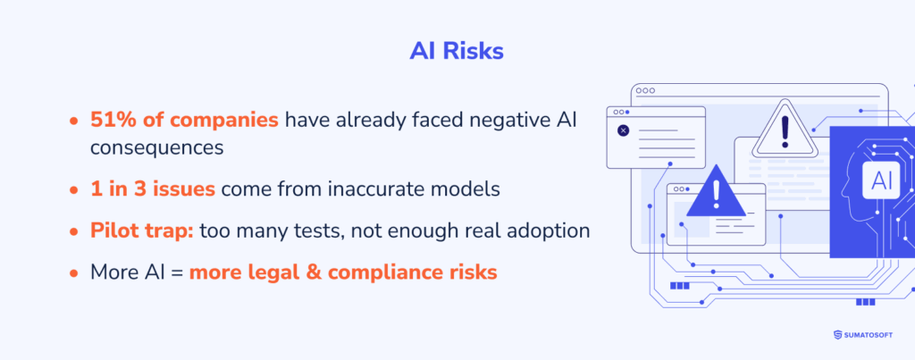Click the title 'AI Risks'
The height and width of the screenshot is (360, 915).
pyautogui.click(x=457, y=51)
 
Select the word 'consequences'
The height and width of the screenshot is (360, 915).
pyautogui.click(x=155, y=148)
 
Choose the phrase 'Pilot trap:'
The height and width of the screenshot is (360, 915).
pyautogui.click(x=141, y=230)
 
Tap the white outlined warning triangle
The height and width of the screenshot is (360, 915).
pyautogui.click(x=785, y=133)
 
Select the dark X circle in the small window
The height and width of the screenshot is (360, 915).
pyautogui.click(x=623, y=130)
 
